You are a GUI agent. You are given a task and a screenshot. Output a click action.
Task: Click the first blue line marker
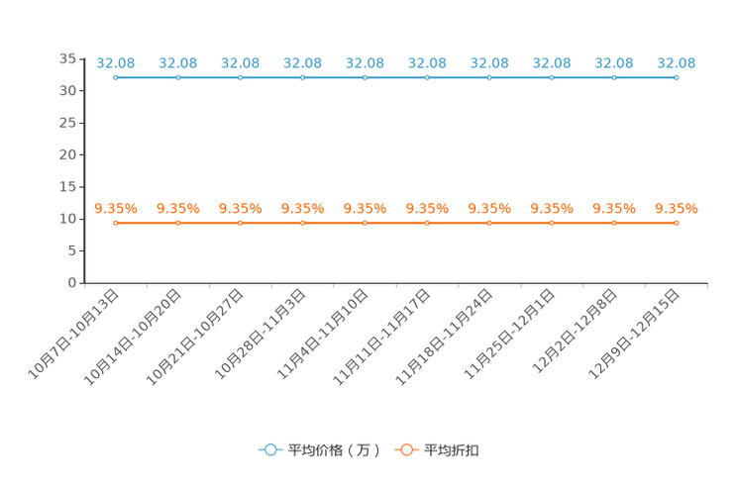pyautogui.click(x=116, y=77)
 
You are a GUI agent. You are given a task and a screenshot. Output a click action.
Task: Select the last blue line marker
pyautogui.click(x=677, y=77)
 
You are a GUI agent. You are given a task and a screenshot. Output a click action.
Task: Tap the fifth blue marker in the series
pyautogui.click(x=366, y=77)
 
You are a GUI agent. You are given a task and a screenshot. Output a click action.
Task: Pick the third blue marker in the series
pyautogui.click(x=241, y=77)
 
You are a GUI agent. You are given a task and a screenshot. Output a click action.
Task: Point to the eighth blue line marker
pyautogui.click(x=552, y=77)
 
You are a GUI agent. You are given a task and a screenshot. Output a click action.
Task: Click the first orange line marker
pyautogui.click(x=116, y=223)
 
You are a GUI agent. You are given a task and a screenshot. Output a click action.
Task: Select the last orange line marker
pyautogui.click(x=677, y=223)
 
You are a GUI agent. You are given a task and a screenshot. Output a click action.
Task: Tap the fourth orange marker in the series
pyautogui.click(x=303, y=223)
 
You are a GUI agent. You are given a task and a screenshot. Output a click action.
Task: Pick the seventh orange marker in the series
pyautogui.click(x=489, y=223)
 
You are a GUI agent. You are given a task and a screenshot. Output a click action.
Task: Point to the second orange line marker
pyautogui.click(x=178, y=223)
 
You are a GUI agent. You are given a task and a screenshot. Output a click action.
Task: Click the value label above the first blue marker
pyautogui.click(x=116, y=62)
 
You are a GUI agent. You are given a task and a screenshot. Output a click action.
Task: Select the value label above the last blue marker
pyautogui.click(x=677, y=62)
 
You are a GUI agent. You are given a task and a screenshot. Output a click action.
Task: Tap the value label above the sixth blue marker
pyautogui.click(x=427, y=62)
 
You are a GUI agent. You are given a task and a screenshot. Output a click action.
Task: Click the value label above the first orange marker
pyautogui.click(x=116, y=208)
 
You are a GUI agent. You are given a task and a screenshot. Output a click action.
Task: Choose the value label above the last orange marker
pyautogui.click(x=677, y=208)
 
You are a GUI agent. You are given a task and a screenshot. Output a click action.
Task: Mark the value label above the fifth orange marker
pyautogui.click(x=366, y=208)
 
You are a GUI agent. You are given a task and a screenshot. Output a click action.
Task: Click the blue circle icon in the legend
pyautogui.click(x=269, y=450)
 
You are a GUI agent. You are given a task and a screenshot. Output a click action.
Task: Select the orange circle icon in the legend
pyautogui.click(x=406, y=450)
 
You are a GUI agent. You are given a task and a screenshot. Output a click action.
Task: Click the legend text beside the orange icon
pyautogui.click(x=453, y=450)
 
